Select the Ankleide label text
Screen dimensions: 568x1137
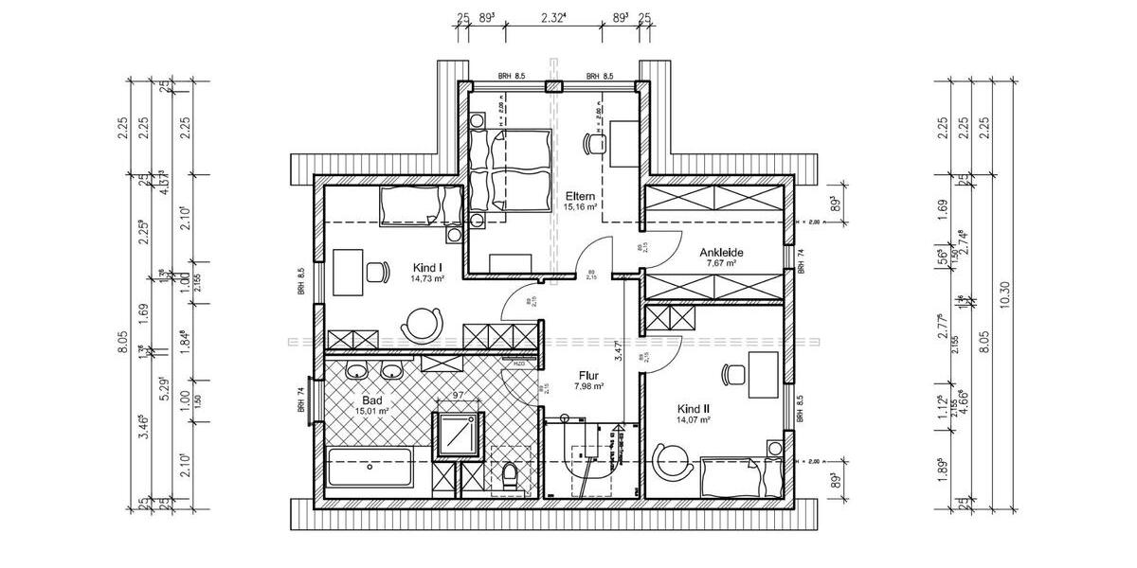click(x=721, y=253)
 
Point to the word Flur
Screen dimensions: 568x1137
click(x=587, y=373)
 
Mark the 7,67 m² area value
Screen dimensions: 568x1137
click(x=721, y=264)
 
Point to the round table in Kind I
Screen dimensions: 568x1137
click(x=422, y=323)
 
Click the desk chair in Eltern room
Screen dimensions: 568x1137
click(x=595, y=142)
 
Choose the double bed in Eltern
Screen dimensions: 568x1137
click(x=511, y=170)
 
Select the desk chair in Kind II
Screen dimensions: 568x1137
click(x=731, y=375)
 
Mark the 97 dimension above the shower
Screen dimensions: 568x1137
click(x=459, y=394)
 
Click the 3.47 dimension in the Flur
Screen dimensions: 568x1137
click(x=617, y=353)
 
